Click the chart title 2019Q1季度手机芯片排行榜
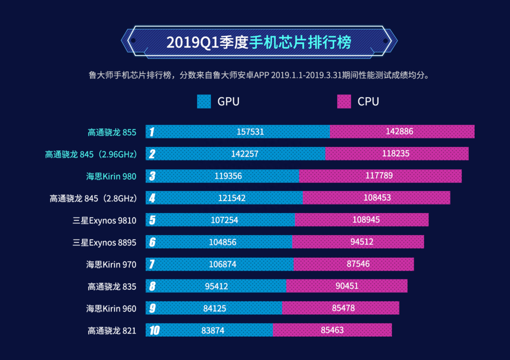click(x=259, y=42)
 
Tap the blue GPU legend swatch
click(x=204, y=101)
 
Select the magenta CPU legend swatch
click(x=344, y=101)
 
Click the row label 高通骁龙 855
click(x=112, y=132)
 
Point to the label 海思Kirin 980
click(x=111, y=176)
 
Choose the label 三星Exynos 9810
click(x=104, y=220)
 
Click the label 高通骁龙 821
click(x=112, y=331)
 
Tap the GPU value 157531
click(x=250, y=132)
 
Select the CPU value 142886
click(x=399, y=132)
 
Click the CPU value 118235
click(x=396, y=154)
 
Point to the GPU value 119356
click(x=228, y=176)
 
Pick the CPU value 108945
click(x=366, y=220)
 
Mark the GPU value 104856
click(x=223, y=242)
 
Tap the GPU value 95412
click(x=216, y=286)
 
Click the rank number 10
click(x=154, y=330)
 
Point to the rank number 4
click(x=152, y=198)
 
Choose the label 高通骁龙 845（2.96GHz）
click(x=91, y=154)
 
